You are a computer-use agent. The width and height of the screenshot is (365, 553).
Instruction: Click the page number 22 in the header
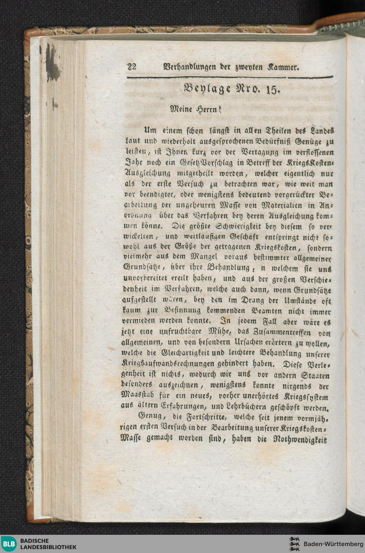[x=131, y=67]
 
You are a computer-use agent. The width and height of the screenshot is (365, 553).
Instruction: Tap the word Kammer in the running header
[x=283, y=67]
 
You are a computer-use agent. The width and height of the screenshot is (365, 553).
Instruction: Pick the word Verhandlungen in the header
[x=189, y=67]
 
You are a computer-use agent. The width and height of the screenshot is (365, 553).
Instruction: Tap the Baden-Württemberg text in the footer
[x=333, y=544]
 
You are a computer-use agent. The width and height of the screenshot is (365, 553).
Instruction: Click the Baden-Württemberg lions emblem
[x=294, y=544]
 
